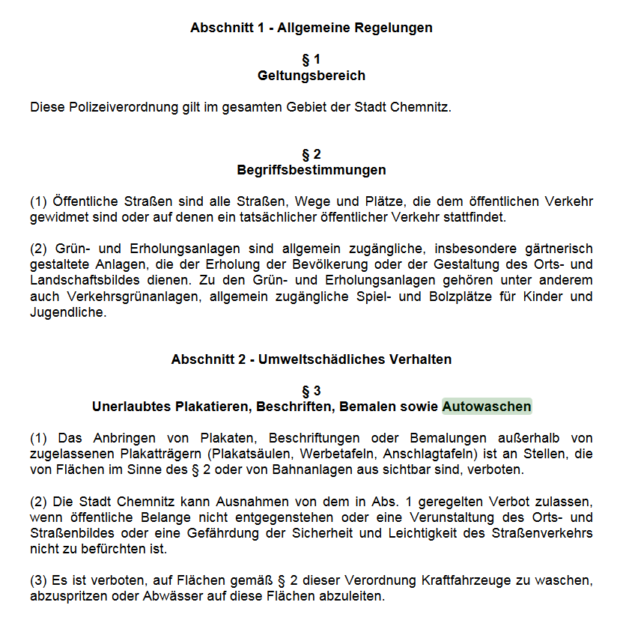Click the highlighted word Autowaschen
[x=487, y=407]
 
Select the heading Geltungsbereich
[x=311, y=76]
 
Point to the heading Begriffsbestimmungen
[x=311, y=170]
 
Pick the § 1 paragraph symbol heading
[x=311, y=59]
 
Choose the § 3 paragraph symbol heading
[x=311, y=391]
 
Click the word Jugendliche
[x=68, y=313]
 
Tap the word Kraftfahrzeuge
[x=465, y=580]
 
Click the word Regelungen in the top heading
[x=397, y=28]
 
